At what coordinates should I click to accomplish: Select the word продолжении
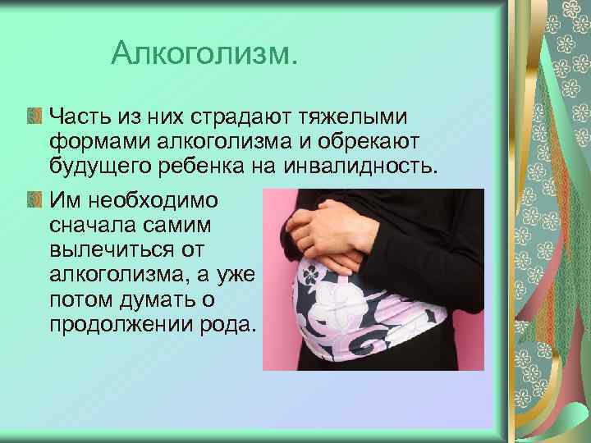pos(122,326)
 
